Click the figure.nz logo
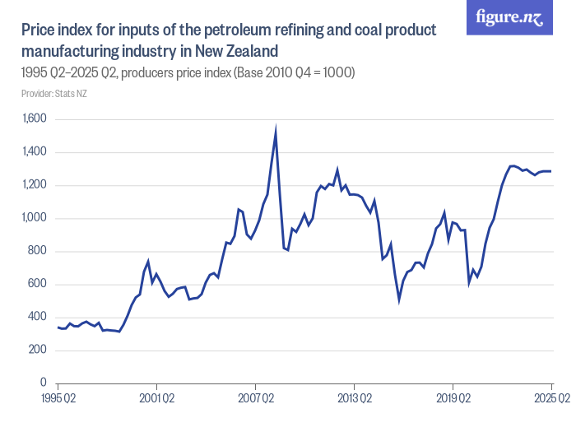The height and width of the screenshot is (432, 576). [x=510, y=18]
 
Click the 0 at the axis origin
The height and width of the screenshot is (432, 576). [x=43, y=383]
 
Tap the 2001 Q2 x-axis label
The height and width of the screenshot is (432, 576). [x=156, y=399]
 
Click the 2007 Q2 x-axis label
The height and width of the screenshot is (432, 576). [x=255, y=399]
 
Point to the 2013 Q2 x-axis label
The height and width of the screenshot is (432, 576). [x=354, y=399]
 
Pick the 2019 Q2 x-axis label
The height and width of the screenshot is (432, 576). [x=453, y=399]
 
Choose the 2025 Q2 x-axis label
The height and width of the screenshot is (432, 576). [x=550, y=399]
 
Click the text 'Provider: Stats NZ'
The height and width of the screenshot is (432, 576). [x=54, y=95]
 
